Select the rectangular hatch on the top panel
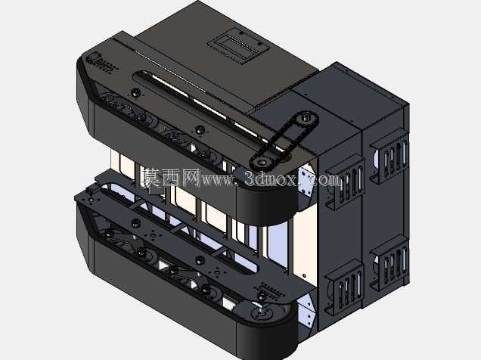238,46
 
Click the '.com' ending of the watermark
324,180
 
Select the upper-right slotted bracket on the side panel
390,156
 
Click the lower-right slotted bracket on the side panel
390,262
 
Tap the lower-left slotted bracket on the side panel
345,287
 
